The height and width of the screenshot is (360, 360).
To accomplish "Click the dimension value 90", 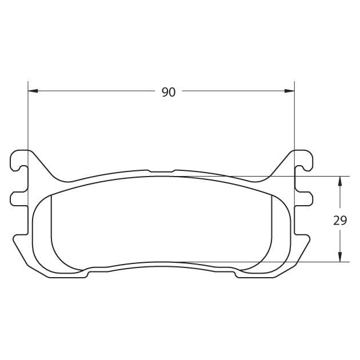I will [169, 92].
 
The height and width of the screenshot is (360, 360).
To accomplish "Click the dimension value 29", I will [340, 221].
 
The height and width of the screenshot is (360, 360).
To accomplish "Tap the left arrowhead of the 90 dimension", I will [33, 91].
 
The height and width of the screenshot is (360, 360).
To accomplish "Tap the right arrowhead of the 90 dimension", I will [289, 91].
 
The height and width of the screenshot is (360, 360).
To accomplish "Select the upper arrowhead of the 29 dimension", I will [340, 181].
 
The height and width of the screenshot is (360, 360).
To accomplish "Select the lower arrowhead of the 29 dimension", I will [340, 257].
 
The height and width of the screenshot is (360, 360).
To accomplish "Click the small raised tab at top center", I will [161, 170].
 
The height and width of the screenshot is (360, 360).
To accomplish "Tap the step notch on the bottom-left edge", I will [87, 274].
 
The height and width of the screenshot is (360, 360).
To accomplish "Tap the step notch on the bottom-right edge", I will [235, 274].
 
